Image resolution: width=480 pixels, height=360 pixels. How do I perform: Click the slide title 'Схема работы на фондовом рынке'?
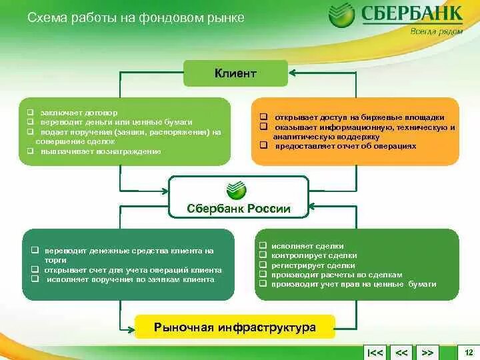click(136, 18)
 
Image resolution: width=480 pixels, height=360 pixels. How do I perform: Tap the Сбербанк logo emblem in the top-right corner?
click(341, 15)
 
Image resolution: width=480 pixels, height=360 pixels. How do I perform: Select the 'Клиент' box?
click(235, 73)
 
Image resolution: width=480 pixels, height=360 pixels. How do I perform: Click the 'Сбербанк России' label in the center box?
click(239, 209)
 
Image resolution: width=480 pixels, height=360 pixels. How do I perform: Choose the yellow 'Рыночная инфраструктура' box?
click(235, 327)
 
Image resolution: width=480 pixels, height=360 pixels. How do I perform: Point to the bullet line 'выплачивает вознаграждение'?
click(99, 151)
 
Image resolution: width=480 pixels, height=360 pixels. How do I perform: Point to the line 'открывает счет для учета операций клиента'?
click(133, 270)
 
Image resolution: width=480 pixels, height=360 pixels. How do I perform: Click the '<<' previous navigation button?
click(401, 352)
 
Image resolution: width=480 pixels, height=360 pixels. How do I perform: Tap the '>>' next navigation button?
click(428, 352)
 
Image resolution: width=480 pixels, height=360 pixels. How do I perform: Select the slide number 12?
click(468, 351)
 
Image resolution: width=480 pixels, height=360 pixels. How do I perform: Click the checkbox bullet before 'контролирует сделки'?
click(264, 255)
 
